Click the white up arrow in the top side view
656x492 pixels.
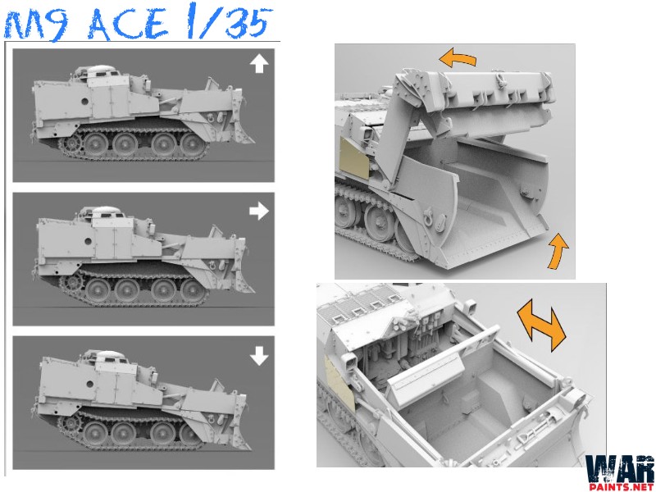[259, 65]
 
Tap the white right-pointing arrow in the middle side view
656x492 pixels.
[258, 211]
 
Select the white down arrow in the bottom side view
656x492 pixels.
[259, 356]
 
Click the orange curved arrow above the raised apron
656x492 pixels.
[458, 57]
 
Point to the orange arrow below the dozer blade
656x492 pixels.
[558, 252]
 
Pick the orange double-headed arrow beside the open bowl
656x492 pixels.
[541, 325]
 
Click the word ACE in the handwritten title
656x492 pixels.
[128, 24]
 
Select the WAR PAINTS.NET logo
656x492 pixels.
[620, 473]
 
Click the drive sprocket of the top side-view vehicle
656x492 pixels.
[70, 144]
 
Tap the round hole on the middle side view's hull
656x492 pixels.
[88, 241]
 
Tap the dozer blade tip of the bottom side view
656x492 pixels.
[250, 448]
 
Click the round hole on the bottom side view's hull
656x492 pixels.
[89, 384]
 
